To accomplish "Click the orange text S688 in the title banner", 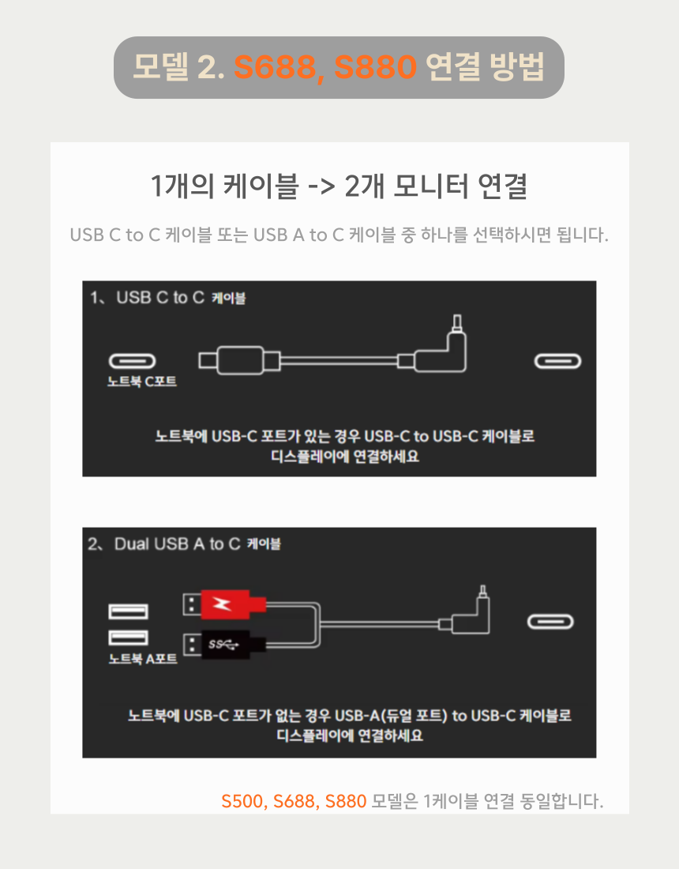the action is point(275,67).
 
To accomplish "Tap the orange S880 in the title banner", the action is point(376,67).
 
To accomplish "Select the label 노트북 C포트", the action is point(142,382).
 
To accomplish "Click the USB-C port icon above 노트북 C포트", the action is point(132,361).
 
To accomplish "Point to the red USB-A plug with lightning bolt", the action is point(225,604).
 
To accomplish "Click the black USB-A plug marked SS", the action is point(225,645).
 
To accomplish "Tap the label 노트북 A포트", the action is point(143,658).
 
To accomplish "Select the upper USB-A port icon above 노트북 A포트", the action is point(128,611).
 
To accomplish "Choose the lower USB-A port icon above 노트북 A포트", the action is point(128,638).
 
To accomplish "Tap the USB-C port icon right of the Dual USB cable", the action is point(550,622).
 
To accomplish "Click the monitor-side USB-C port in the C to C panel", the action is point(557,361).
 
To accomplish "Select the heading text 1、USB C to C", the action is point(148,298).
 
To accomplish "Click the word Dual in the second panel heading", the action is point(132,544).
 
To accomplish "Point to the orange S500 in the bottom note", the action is point(242,801).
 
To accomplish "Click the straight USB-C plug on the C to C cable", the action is point(239,360).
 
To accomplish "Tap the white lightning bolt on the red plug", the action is point(222,604).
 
